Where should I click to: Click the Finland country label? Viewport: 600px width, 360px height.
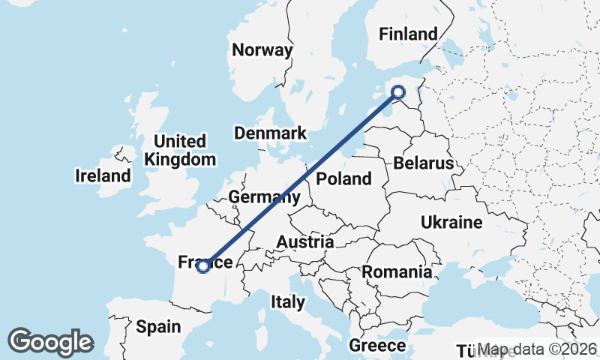click(408, 34)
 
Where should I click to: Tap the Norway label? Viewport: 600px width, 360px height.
click(262, 50)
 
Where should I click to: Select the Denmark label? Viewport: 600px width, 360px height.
click(270, 133)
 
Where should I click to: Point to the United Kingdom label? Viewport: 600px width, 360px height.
click(180, 150)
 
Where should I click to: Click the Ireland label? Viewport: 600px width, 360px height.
click(103, 176)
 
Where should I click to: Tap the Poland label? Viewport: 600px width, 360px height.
click(343, 178)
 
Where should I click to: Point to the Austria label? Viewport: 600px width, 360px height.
click(305, 242)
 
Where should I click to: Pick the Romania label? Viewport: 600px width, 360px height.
click(397, 271)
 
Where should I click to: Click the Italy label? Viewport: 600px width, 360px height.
click(288, 302)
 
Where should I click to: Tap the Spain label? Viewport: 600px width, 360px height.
click(158, 326)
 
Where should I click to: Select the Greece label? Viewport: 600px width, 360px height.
click(377, 346)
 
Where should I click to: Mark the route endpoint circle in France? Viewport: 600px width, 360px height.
click(202, 265)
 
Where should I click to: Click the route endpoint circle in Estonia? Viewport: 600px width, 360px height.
click(398, 92)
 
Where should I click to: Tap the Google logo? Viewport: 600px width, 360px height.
click(50, 342)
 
